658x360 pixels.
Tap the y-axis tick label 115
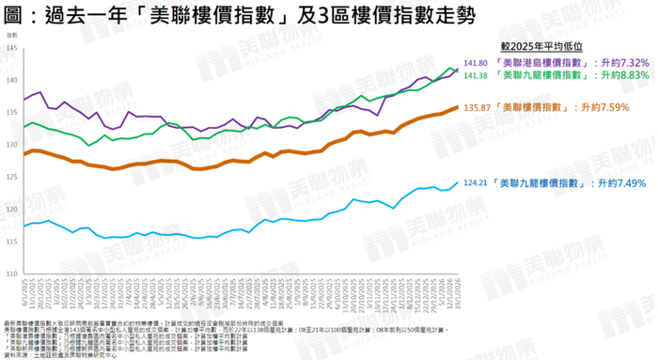[11, 241]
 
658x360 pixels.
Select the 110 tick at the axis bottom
[11, 273]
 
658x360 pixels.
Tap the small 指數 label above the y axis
[11, 35]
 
